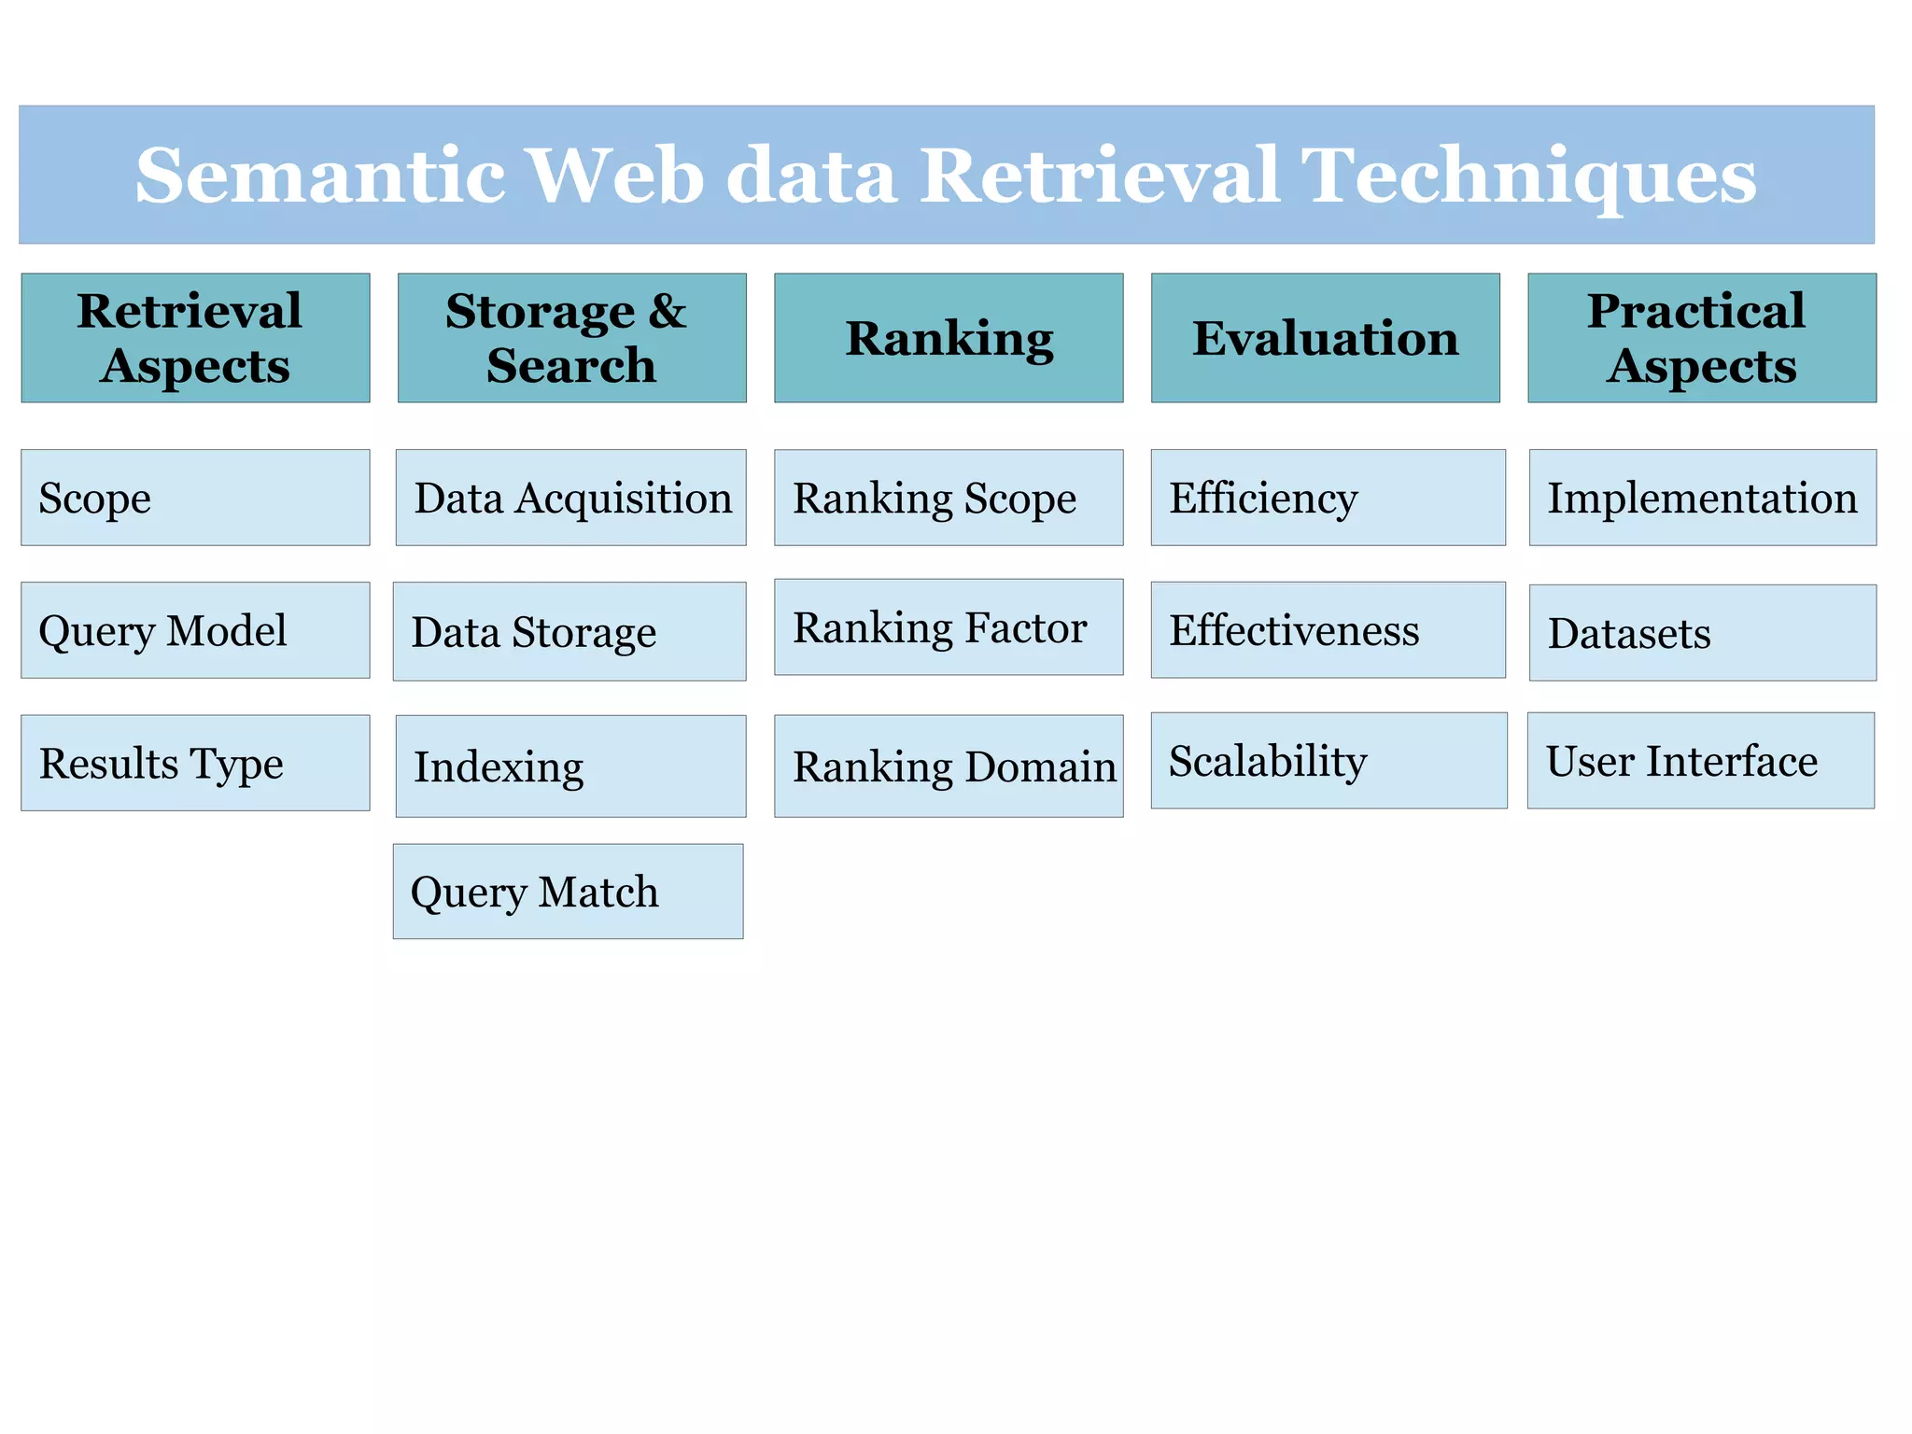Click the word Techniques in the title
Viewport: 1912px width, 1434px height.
[1528, 177]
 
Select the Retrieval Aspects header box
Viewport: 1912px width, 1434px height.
[195, 338]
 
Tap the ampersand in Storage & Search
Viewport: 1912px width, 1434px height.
[668, 311]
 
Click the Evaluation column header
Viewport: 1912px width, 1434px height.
[1325, 338]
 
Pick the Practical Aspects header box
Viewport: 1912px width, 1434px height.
[1701, 338]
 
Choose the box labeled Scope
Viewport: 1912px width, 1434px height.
[195, 498]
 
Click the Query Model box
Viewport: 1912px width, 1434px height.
[195, 630]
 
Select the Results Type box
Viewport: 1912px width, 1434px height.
[195, 763]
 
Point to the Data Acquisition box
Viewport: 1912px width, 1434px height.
[570, 498]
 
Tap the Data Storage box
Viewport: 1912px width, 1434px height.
[569, 632]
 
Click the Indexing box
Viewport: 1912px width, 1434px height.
[570, 766]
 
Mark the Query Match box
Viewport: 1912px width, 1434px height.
[568, 892]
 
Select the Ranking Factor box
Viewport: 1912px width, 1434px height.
[949, 627]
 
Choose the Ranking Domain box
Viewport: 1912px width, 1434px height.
[949, 766]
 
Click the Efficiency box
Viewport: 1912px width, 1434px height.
[1328, 498]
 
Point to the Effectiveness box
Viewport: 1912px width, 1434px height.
[1328, 630]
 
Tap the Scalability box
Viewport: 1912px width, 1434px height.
[1329, 761]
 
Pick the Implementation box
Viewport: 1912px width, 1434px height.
[1702, 498]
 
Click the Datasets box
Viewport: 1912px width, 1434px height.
[1702, 633]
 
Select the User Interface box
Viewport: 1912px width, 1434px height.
[1700, 761]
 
